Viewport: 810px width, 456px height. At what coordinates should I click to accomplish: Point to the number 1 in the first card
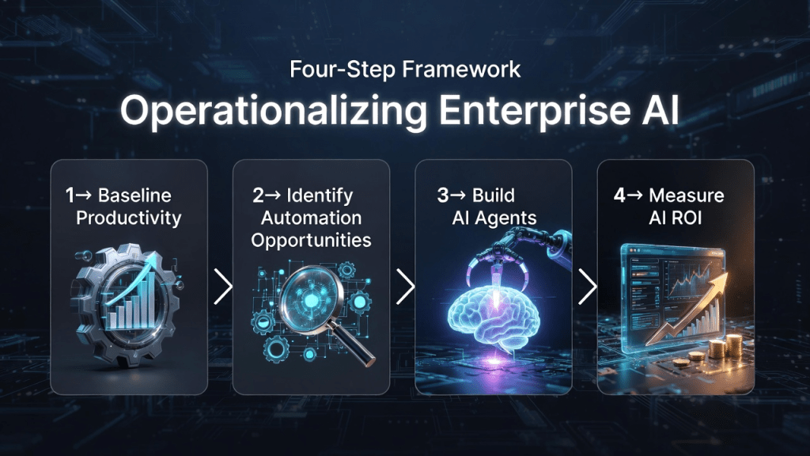tap(70, 196)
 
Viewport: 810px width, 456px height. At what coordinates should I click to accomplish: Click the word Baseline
tap(134, 196)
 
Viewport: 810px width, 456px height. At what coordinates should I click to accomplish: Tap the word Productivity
tap(129, 218)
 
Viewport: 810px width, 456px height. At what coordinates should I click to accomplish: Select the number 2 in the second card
tap(258, 196)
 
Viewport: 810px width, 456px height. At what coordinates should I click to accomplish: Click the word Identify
tap(320, 196)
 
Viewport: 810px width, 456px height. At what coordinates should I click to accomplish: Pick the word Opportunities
tap(311, 241)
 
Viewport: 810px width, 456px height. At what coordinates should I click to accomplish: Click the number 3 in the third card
tap(442, 196)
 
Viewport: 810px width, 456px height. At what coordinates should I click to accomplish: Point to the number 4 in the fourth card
tap(619, 196)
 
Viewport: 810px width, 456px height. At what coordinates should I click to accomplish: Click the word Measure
tap(687, 196)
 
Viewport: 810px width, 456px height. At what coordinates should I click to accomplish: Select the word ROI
tap(687, 218)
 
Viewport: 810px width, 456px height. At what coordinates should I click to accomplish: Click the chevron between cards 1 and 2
tap(224, 287)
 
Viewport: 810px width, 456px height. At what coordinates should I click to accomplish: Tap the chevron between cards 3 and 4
tap(588, 287)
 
